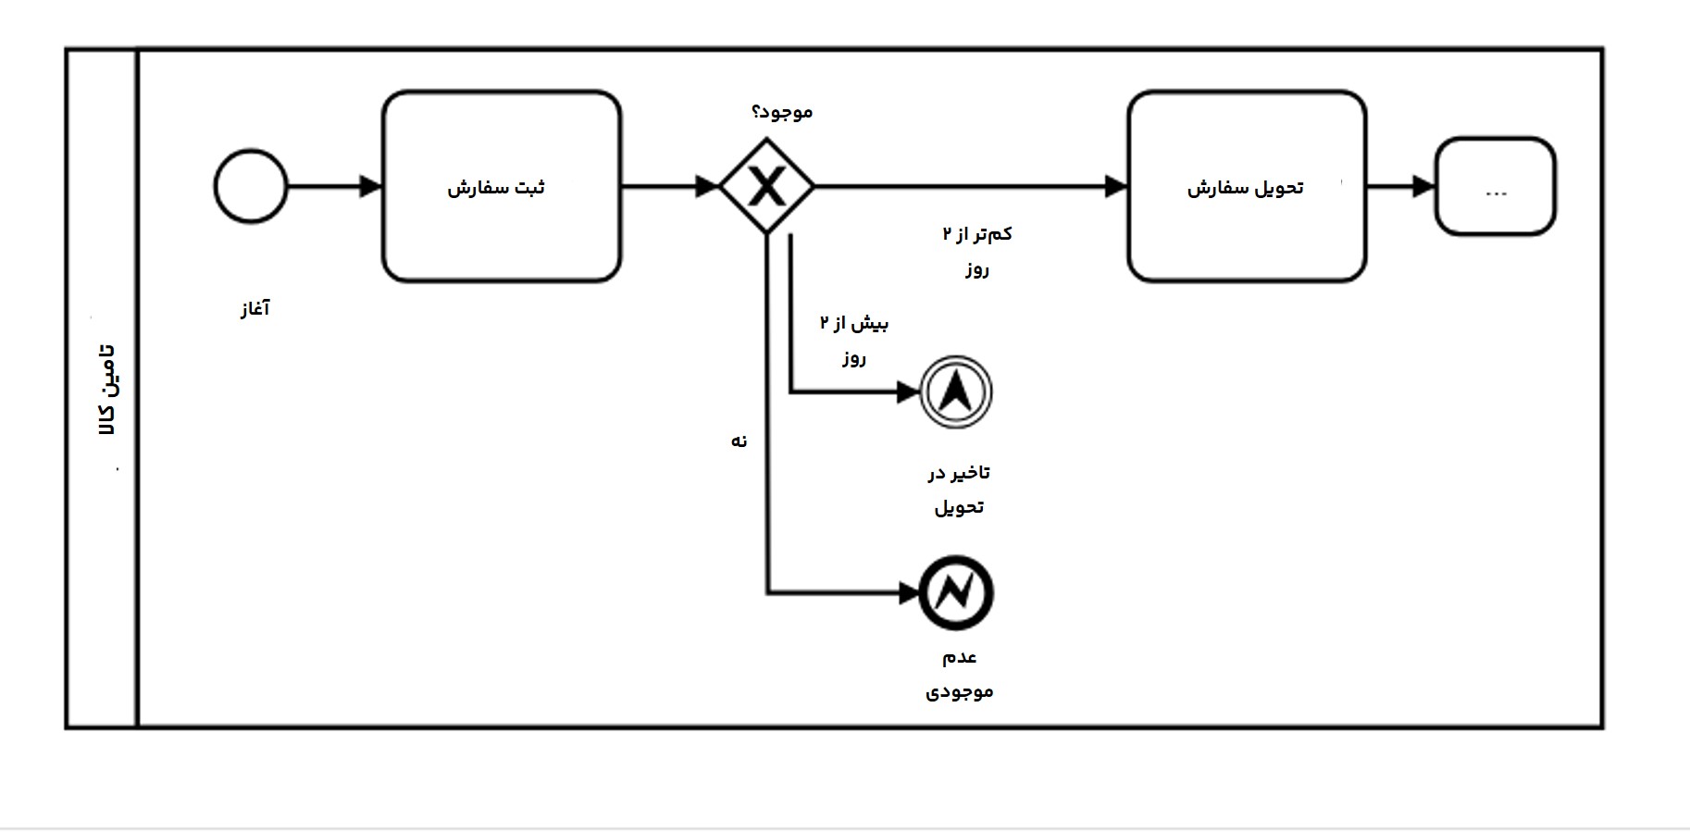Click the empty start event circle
(x=251, y=187)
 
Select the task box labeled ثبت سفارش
(x=501, y=187)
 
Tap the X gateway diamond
(x=766, y=187)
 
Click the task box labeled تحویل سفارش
(x=1246, y=187)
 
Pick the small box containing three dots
(x=1495, y=187)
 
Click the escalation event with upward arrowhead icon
(x=956, y=392)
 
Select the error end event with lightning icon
(x=956, y=593)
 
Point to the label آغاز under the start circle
(x=255, y=308)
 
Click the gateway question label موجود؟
(x=782, y=112)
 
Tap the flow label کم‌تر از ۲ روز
(x=977, y=251)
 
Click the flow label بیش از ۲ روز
(x=853, y=340)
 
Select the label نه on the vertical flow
(x=739, y=441)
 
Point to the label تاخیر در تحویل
(x=959, y=490)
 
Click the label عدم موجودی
(x=960, y=674)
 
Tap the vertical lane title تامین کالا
(x=107, y=390)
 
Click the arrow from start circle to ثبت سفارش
(x=333, y=187)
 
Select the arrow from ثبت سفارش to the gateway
(x=668, y=187)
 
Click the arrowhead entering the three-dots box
(x=1423, y=187)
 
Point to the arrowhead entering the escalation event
(x=908, y=392)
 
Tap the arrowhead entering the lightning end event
(x=909, y=593)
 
